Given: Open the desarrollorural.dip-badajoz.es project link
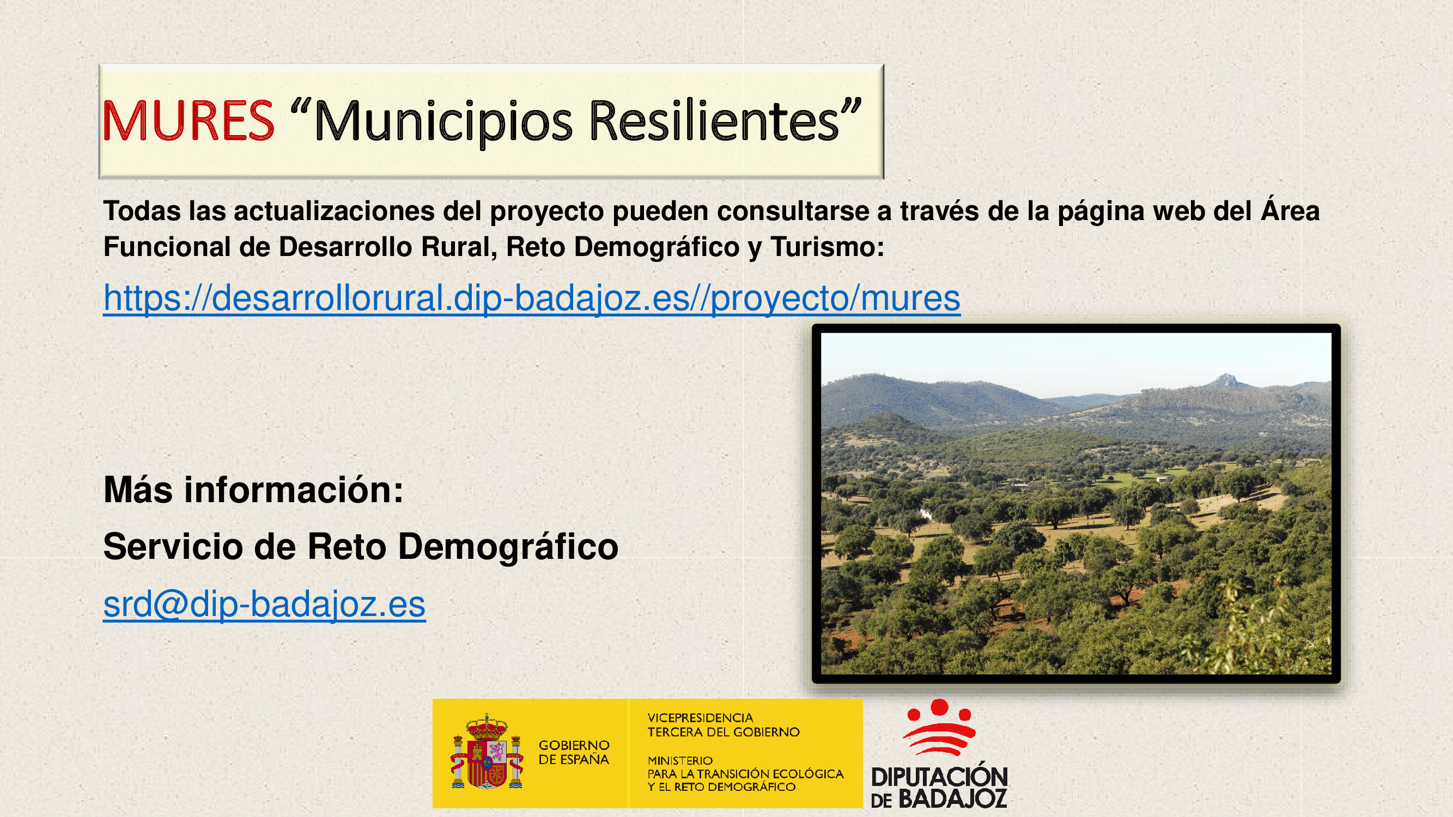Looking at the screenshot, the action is coord(531,298).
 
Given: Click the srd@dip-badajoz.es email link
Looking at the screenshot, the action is coord(264,605).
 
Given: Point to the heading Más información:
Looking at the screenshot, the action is coord(253,490).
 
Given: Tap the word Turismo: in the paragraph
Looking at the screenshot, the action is coord(828,247).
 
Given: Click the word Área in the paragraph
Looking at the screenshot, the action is coord(1290,210).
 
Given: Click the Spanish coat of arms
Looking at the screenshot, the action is coord(487,752).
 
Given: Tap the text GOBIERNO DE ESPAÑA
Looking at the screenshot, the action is coord(574,753).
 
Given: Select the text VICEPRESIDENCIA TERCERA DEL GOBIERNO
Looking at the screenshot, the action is coord(723,725).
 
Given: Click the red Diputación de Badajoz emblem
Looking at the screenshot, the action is coord(939,727).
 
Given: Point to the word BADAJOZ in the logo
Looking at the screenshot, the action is coord(953,798).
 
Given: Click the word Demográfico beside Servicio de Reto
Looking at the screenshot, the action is coord(508,547).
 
